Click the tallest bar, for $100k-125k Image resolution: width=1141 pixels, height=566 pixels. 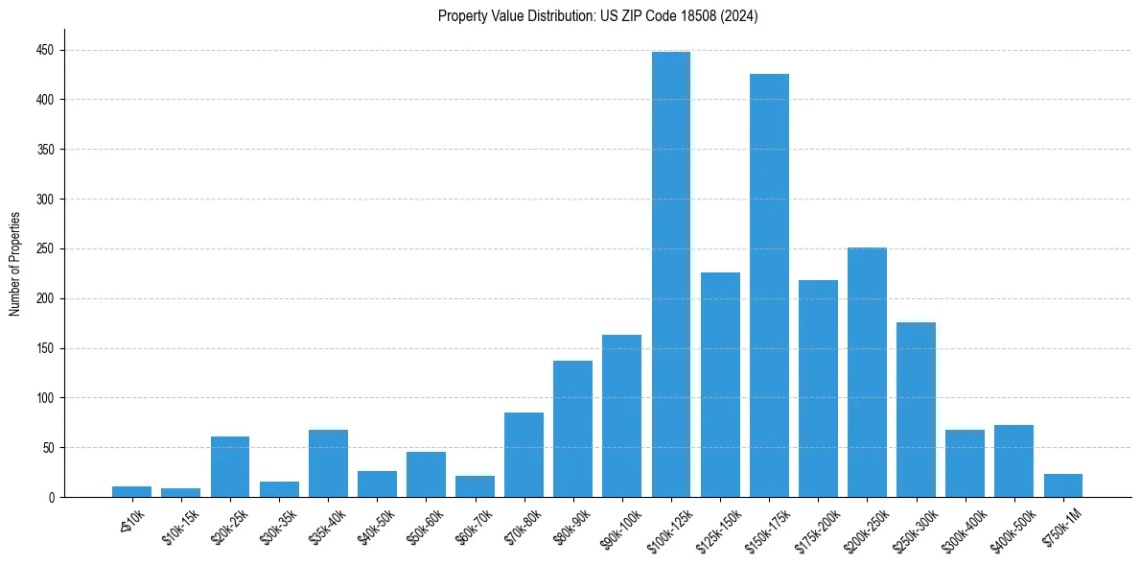click(x=670, y=274)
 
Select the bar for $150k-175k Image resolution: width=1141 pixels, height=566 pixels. click(x=769, y=286)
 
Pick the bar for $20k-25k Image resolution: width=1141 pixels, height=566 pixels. click(x=230, y=467)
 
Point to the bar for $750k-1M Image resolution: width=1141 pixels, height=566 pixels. click(x=1062, y=485)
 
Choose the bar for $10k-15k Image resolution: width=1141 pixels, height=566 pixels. click(x=180, y=492)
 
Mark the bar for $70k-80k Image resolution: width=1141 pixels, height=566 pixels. click(x=524, y=455)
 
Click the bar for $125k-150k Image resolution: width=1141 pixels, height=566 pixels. click(x=720, y=385)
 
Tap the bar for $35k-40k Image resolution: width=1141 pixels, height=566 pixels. click(x=328, y=463)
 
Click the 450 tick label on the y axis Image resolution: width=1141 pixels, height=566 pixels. click(x=45, y=50)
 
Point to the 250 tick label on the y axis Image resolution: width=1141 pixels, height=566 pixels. click(x=45, y=248)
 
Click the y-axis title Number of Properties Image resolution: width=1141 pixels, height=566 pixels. click(x=15, y=263)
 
